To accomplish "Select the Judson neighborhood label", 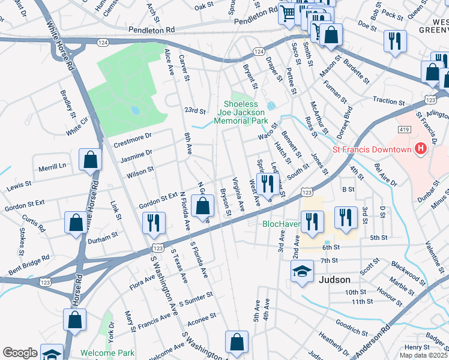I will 334,279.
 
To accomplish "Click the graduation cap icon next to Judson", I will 302,271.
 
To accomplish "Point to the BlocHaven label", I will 281,224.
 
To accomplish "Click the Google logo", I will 20,353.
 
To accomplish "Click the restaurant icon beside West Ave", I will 267,182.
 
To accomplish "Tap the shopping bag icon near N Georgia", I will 203,205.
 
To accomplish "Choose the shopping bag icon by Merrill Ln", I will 90,160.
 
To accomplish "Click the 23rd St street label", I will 194,111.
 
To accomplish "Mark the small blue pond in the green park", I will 136,110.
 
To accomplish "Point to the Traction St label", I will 388,101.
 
